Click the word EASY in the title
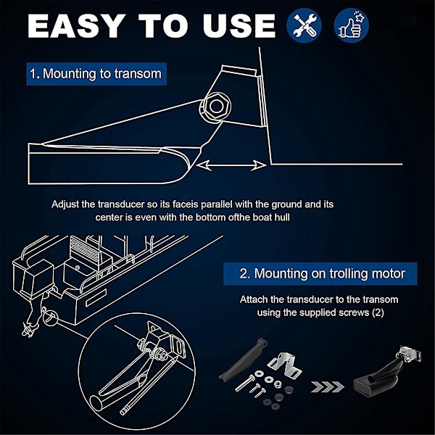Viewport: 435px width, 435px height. tap(75, 26)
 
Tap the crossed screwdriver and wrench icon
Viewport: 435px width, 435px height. tap(304, 25)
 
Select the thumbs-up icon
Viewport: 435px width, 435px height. tap(351, 25)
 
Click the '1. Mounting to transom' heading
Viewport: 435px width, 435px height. tap(96, 74)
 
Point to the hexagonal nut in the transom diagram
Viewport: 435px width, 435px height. tap(215, 107)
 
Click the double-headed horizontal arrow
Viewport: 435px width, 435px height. tap(231, 165)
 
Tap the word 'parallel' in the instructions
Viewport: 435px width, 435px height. tap(216, 204)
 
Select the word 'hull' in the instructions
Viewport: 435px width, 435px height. tap(282, 217)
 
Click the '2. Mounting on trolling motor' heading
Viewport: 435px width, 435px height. tap(320, 273)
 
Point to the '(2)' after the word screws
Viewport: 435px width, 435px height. tap(378, 312)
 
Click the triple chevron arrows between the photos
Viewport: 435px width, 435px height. tap(328, 386)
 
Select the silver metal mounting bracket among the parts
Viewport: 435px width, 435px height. tap(285, 362)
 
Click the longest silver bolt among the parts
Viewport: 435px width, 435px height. tap(245, 383)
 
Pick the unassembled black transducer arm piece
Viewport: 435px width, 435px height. tap(243, 358)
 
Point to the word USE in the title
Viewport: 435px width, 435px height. tap(239, 26)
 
